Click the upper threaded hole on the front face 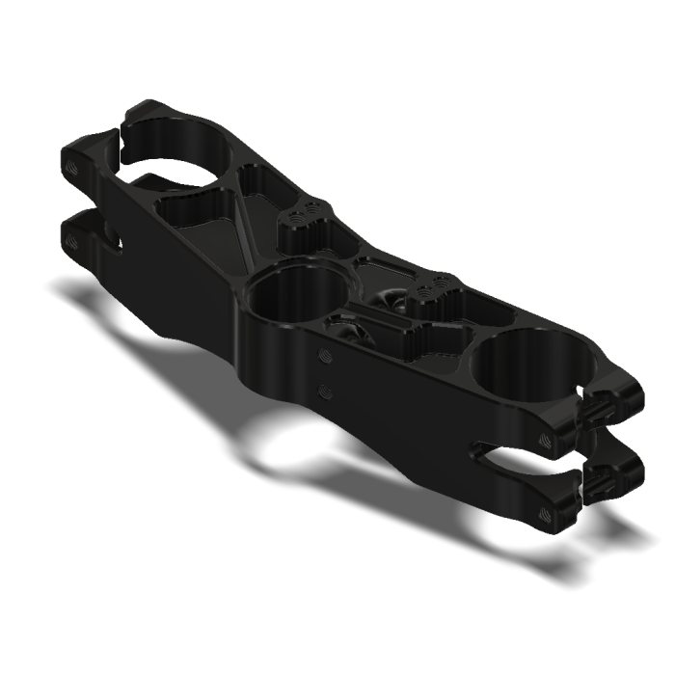click(x=325, y=356)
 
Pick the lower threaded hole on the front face click(x=325, y=391)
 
